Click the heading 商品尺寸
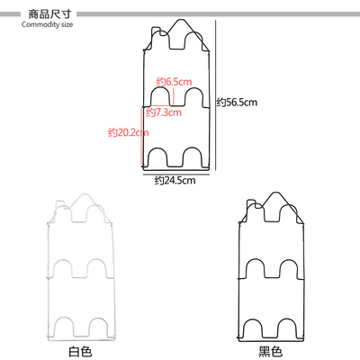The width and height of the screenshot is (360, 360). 49,13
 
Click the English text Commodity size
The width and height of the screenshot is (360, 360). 47,24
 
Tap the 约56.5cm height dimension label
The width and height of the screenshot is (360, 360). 237,103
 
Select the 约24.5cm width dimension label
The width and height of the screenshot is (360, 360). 175,180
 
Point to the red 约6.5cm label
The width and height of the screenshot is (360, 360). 174,82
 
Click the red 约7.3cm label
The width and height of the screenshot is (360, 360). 164,112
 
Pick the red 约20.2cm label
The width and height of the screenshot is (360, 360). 129,132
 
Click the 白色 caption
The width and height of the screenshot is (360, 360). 80,351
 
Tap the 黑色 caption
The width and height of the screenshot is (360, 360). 270,351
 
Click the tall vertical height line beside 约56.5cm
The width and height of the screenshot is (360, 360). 216,95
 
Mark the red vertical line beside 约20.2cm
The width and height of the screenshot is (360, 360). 141,137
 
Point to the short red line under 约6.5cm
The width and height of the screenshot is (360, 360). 174,96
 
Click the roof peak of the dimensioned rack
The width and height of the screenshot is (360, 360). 180,20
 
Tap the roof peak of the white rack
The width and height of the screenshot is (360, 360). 85,194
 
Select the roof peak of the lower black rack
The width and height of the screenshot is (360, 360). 274,193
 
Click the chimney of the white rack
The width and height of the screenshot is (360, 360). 58,204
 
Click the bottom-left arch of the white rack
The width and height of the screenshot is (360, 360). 63,317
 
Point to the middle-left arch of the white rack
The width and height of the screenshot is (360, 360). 63,260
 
